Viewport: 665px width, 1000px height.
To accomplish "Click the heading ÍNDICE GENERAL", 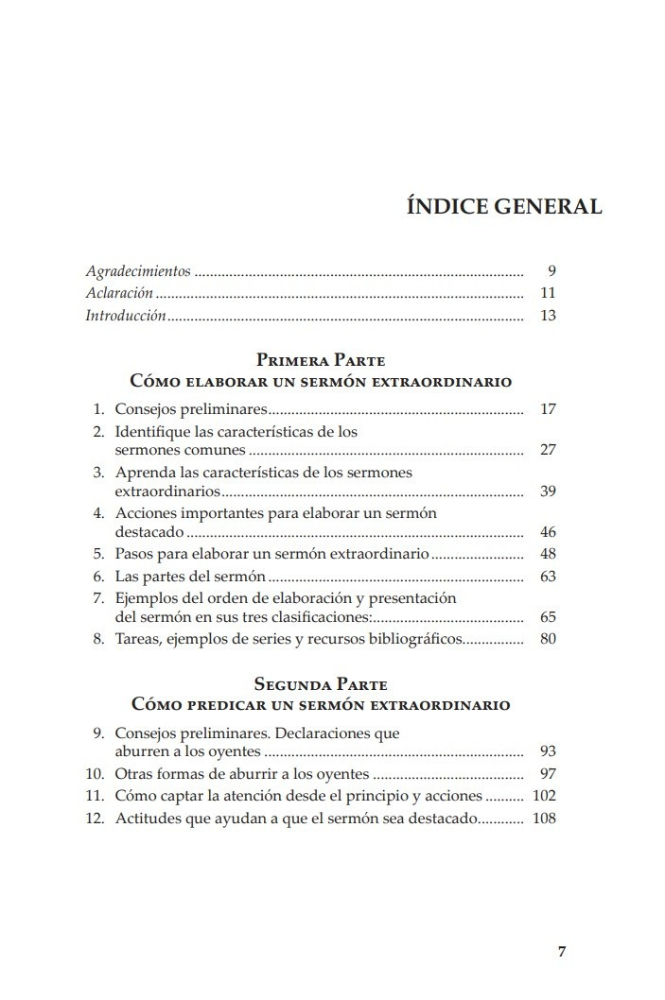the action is click(503, 206).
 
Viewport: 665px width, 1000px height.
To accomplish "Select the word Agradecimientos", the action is click(138, 271).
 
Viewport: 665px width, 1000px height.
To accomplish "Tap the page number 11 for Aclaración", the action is click(547, 293).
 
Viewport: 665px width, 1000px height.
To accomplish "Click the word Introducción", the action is click(126, 315).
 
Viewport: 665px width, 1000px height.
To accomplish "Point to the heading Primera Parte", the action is click(321, 360).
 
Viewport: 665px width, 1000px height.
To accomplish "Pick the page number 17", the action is click(547, 409).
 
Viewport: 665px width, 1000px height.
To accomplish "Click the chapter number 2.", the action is click(97, 431).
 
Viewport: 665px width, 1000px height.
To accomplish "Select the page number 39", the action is click(547, 491).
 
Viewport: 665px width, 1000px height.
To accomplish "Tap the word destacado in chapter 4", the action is click(143, 532).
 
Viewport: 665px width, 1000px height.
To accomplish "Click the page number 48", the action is click(547, 554).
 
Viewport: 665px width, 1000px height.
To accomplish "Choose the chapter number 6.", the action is click(97, 576).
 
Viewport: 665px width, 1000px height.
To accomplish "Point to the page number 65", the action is click(547, 616).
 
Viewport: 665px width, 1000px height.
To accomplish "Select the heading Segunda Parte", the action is click(321, 684).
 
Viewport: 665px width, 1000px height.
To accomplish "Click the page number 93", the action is click(547, 751).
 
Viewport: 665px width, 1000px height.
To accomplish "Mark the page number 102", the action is click(544, 795).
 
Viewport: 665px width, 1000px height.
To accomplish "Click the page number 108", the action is click(544, 818).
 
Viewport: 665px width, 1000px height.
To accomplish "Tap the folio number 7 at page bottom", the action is click(562, 952).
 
